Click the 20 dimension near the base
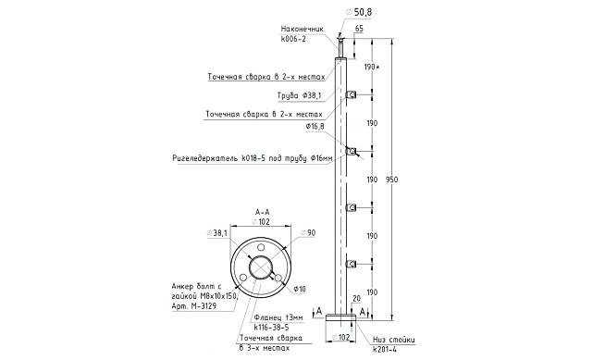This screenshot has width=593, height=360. point(357,299)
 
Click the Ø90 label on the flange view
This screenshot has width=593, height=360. point(309,232)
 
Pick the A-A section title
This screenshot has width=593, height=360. point(263,212)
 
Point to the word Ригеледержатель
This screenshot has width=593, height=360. point(206,158)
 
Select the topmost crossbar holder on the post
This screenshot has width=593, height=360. point(351,94)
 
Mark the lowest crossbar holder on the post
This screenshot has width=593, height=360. point(351,265)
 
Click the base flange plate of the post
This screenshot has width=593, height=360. point(341,317)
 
